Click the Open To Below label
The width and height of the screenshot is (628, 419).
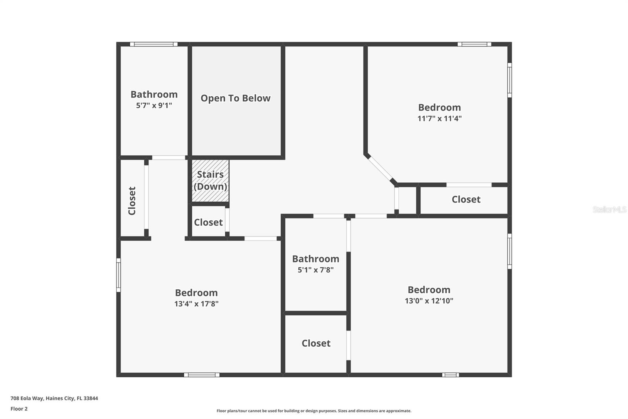[x=235, y=98]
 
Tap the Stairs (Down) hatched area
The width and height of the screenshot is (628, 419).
[x=210, y=180]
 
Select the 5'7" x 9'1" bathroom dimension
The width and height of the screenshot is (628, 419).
[x=154, y=105]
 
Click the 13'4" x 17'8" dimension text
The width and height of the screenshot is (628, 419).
[x=196, y=303]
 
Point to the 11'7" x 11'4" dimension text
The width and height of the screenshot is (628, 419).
[x=439, y=118]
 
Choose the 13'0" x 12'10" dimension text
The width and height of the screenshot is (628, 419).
[x=429, y=301]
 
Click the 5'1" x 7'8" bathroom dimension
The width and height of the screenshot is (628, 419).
[x=316, y=270]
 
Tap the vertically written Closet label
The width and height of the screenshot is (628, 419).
[x=132, y=201]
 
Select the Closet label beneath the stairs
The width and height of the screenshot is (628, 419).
[x=208, y=222]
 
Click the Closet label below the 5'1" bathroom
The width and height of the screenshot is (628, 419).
[x=316, y=343]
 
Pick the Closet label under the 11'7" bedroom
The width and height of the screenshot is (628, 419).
[x=466, y=199]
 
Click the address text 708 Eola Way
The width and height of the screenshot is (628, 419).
[x=54, y=398]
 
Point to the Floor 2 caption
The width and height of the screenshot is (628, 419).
[x=19, y=409]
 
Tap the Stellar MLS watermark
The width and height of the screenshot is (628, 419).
[x=609, y=209]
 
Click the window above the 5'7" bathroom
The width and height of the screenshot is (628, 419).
[x=154, y=44]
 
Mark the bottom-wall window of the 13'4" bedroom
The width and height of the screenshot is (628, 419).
[x=202, y=375]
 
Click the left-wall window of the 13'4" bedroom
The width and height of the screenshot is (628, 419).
[x=119, y=275]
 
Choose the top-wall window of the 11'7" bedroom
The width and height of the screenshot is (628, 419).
[x=474, y=44]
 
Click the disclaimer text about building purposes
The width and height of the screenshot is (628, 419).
[x=314, y=411]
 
